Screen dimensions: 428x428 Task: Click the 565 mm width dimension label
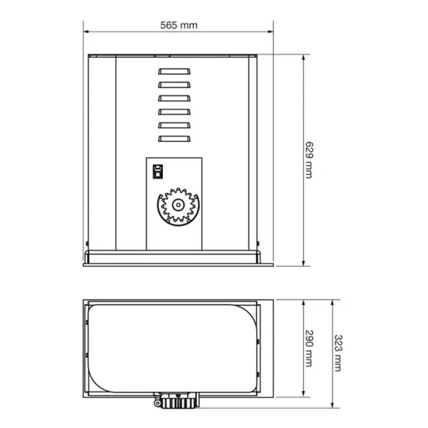179,24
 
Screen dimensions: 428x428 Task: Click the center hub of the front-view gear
177,205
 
